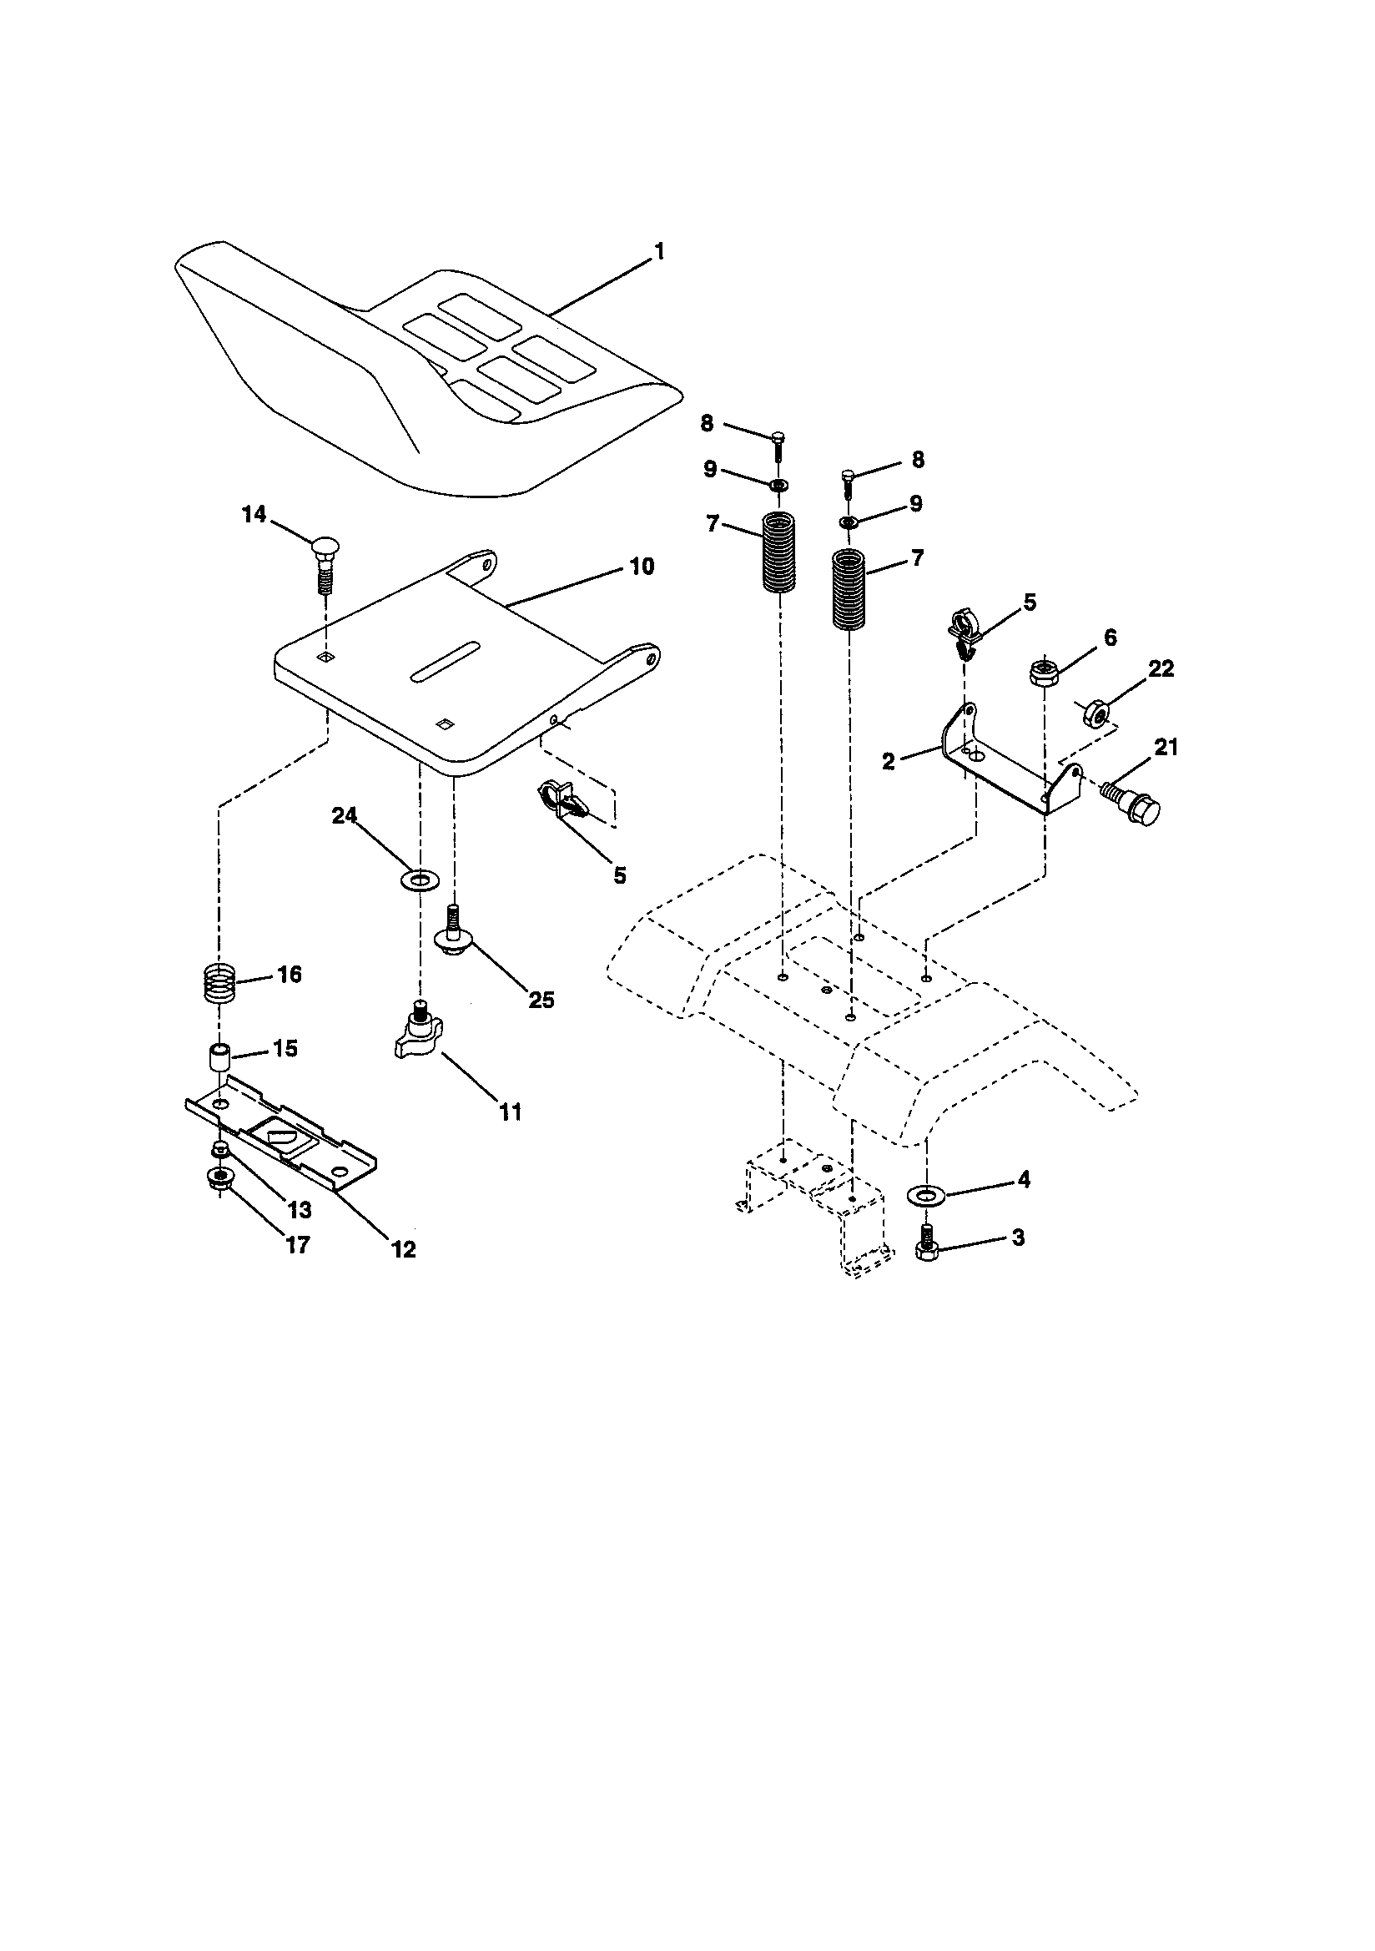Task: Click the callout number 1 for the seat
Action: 659,252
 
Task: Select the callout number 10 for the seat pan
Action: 642,567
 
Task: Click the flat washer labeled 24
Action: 418,877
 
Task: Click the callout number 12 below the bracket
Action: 403,1249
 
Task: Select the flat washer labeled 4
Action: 926,1196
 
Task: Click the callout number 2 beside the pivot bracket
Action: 889,761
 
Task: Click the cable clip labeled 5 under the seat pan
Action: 561,802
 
